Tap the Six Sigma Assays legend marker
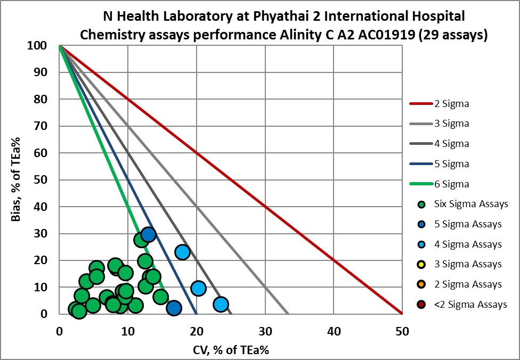coord(421,204)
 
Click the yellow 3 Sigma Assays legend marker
coord(421,264)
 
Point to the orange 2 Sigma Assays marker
coord(421,284)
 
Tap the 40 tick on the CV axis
coord(334,331)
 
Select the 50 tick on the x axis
coord(402,331)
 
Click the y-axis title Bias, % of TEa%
coord(15,180)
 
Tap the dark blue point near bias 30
coord(148,234)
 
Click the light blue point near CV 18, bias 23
coord(182,252)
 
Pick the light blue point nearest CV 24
coord(221,304)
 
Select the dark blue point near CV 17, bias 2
coord(174,308)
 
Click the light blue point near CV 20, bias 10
coord(198,288)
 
